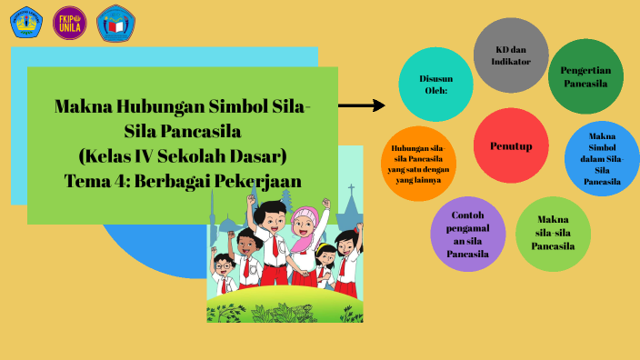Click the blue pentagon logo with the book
[115, 23]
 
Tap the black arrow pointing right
[362, 105]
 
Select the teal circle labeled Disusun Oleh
[436, 85]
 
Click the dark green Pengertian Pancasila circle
[585, 76]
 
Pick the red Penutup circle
[511, 145]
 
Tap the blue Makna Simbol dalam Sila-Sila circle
[602, 159]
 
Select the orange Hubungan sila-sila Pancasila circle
[418, 164]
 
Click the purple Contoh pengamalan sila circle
[468, 235]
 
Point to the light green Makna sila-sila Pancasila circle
[553, 233]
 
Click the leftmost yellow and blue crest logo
[25, 22]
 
